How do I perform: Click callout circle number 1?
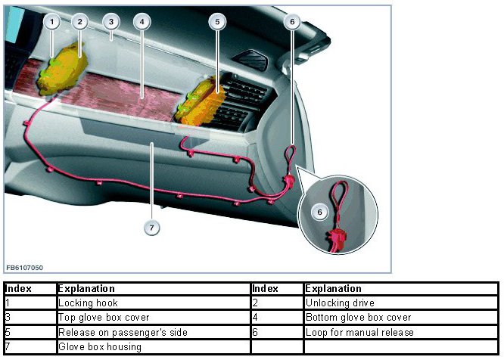pos(51,22)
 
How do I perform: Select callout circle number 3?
pos(110,22)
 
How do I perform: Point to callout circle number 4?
pos(141,22)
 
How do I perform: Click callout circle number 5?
pos(217,22)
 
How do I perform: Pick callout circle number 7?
pos(152,227)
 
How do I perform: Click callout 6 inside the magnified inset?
pos(320,213)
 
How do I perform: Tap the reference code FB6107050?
pos(26,268)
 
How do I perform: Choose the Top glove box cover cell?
pos(104,318)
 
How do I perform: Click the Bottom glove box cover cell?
pos(358,318)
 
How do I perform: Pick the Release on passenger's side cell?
pos(123,332)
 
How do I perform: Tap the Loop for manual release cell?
pos(359,332)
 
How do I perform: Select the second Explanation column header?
pos(334,289)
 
